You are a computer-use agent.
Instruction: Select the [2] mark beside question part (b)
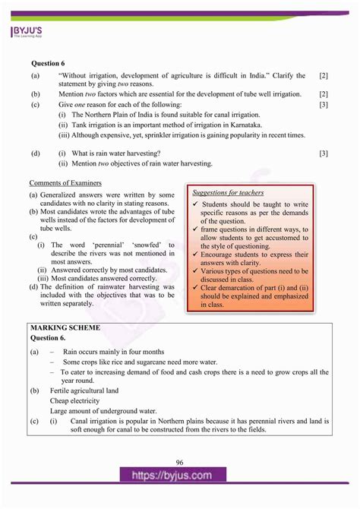[324, 94]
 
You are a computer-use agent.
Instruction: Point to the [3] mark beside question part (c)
[324, 104]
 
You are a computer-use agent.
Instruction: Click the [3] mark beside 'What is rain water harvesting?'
[324, 153]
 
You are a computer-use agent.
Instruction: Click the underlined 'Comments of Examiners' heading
[65, 183]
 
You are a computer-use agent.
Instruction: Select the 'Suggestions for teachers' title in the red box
[227, 193]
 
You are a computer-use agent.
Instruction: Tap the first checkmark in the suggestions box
[195, 204]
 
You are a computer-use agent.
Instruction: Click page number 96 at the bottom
[179, 463]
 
